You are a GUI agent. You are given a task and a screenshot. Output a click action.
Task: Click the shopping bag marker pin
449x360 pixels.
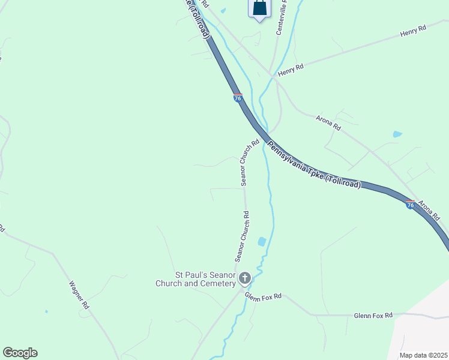(259, 8)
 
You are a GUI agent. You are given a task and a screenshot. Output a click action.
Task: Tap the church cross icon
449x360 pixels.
(244, 278)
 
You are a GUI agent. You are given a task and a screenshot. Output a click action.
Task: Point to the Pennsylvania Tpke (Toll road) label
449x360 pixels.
(314, 165)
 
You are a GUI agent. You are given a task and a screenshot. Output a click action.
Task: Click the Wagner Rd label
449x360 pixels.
(79, 295)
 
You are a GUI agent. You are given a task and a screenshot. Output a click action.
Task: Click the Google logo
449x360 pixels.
(20, 353)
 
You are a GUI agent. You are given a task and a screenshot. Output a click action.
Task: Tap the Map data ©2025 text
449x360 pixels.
(423, 355)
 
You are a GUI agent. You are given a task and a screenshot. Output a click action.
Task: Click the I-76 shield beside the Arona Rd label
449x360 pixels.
(410, 205)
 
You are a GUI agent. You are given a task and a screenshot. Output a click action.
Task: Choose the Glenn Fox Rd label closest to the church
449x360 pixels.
(263, 295)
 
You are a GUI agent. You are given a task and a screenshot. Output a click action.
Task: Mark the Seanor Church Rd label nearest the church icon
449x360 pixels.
(242, 236)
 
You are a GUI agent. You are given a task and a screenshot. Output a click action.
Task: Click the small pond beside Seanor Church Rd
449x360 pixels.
(262, 242)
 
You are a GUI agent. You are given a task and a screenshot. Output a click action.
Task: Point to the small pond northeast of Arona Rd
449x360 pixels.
(397, 134)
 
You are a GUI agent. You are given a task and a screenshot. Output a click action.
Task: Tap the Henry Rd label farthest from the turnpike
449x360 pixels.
(413, 31)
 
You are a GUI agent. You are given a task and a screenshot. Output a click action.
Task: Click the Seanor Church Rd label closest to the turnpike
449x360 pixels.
(250, 163)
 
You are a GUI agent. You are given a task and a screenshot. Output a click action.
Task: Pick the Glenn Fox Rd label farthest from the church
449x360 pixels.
(373, 315)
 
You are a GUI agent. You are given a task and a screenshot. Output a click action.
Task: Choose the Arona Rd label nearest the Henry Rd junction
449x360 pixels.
(328, 123)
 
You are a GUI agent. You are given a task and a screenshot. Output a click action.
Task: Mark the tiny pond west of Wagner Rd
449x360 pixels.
(46, 311)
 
